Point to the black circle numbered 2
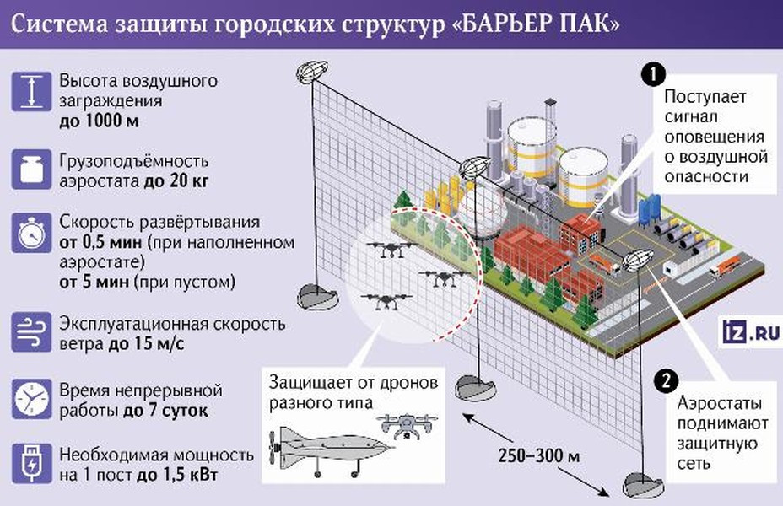667,379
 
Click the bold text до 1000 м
100,121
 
